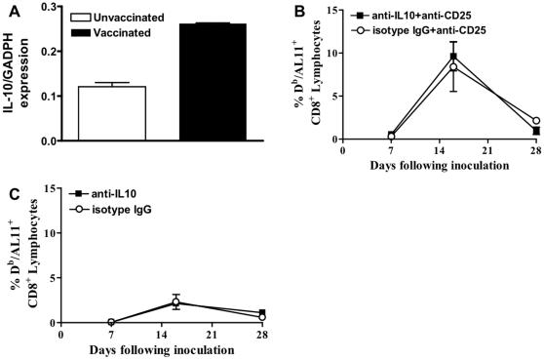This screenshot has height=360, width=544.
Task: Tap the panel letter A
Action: [x=9, y=10]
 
